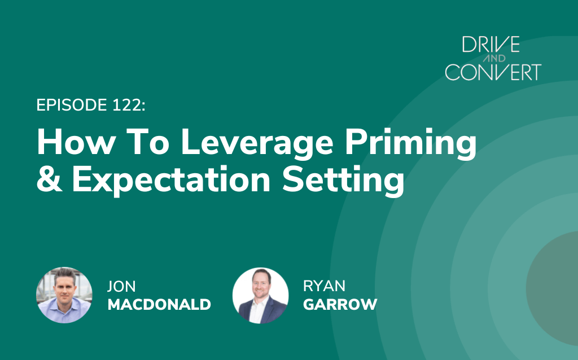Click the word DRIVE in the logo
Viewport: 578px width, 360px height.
[x=491, y=44]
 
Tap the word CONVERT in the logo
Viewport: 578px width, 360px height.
[x=493, y=72]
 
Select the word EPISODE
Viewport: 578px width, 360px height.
[x=72, y=105]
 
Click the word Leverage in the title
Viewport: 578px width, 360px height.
[x=257, y=144]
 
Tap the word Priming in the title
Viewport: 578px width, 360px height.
[x=410, y=144]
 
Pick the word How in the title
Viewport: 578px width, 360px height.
[x=76, y=142]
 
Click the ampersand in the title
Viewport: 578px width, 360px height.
[x=50, y=179]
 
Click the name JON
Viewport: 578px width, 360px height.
[x=121, y=286]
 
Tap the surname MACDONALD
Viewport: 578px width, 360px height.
[x=159, y=304]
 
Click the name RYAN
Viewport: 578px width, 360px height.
[x=325, y=286]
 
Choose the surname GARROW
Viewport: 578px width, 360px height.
[x=340, y=304]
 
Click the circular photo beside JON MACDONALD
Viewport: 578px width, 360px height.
[x=64, y=295]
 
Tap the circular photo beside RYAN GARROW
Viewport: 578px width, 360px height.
[x=261, y=296]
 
